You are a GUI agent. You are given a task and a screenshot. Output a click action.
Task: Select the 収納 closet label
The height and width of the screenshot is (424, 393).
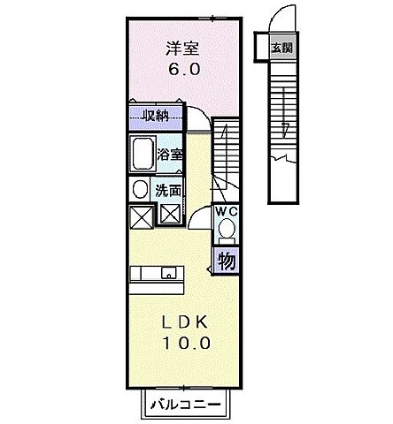click(157, 115)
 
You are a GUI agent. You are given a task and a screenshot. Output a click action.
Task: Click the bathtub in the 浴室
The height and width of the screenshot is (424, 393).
click(142, 153)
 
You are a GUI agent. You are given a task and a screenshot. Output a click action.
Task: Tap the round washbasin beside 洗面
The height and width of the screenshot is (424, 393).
click(140, 189)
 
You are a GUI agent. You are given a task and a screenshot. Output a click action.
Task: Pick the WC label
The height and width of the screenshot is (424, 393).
click(224, 212)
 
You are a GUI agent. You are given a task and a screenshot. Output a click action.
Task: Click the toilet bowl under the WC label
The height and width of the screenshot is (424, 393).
click(226, 230)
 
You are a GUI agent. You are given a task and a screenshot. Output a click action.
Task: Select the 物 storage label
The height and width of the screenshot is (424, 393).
click(226, 261)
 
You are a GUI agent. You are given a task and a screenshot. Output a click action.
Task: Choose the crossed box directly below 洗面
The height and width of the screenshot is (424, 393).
click(170, 214)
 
